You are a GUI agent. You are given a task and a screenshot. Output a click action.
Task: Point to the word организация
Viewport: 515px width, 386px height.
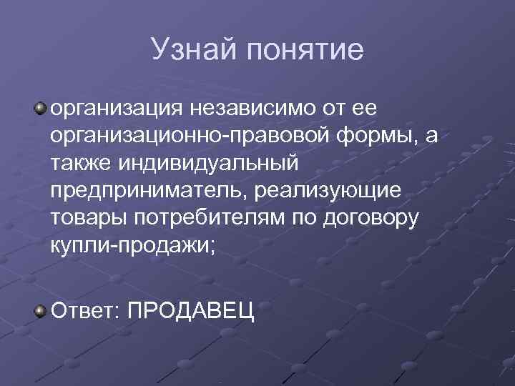click(114, 111)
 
